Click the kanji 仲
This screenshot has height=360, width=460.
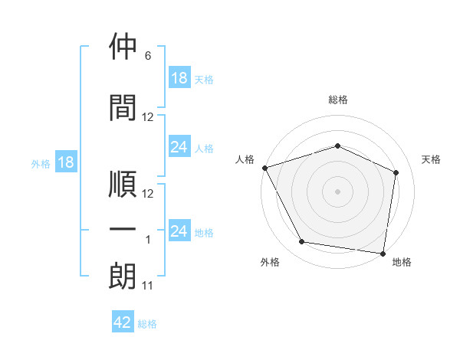click(123, 46)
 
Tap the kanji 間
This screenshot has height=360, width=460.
click(123, 107)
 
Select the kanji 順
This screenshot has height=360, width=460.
click(123, 184)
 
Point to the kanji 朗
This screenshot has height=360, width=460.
click(123, 276)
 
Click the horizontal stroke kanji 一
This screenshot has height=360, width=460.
click(123, 229)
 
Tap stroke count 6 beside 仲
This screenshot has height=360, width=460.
click(148, 56)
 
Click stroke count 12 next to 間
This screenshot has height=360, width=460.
click(147, 117)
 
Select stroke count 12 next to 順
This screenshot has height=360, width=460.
click(147, 194)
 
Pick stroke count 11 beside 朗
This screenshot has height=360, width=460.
click(147, 286)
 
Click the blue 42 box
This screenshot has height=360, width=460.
click(123, 321)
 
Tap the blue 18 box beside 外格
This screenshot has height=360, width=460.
click(66, 162)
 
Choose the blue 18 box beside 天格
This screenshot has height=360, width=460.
click(180, 77)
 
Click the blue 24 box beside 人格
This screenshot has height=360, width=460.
click(180, 146)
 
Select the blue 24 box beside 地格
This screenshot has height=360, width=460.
click(180, 230)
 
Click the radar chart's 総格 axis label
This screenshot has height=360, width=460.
click(338, 100)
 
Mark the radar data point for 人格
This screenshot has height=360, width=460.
click(265, 168)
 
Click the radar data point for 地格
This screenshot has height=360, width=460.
click(383, 254)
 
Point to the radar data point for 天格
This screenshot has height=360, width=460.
click(396, 172)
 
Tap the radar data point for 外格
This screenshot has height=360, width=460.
click(301, 242)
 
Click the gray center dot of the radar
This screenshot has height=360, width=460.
click(337, 191)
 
